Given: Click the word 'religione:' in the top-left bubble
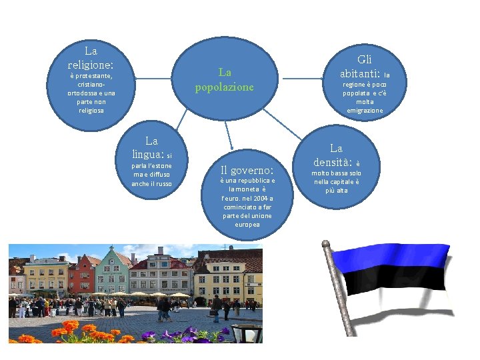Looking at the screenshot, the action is tap(91, 65).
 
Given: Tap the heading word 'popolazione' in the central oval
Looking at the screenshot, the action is tap(224, 87).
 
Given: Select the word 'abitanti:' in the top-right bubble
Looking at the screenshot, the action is tap(359, 73).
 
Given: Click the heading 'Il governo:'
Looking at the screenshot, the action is tap(247, 169).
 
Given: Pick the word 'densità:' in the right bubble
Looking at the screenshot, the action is tap(332, 161).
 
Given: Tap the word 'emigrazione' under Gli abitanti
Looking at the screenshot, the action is tap(365, 111).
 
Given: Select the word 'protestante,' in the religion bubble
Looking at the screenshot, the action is tap(91, 76).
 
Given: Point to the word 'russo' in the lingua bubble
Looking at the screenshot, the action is tap(163, 183).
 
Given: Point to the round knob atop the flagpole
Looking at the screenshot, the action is tap(326, 245).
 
